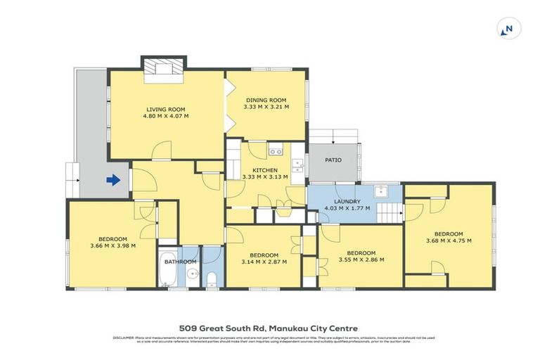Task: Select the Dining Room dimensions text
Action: coord(266,107)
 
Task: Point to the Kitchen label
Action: coord(266,170)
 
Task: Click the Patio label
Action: coord(333,160)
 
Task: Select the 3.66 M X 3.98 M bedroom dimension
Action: coord(112,245)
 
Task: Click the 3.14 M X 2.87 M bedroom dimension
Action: coord(264,262)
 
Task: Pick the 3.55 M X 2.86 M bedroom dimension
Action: coord(360,260)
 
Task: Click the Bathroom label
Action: coord(180,262)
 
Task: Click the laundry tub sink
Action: coord(382,190)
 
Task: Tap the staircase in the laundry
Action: coord(389,212)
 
